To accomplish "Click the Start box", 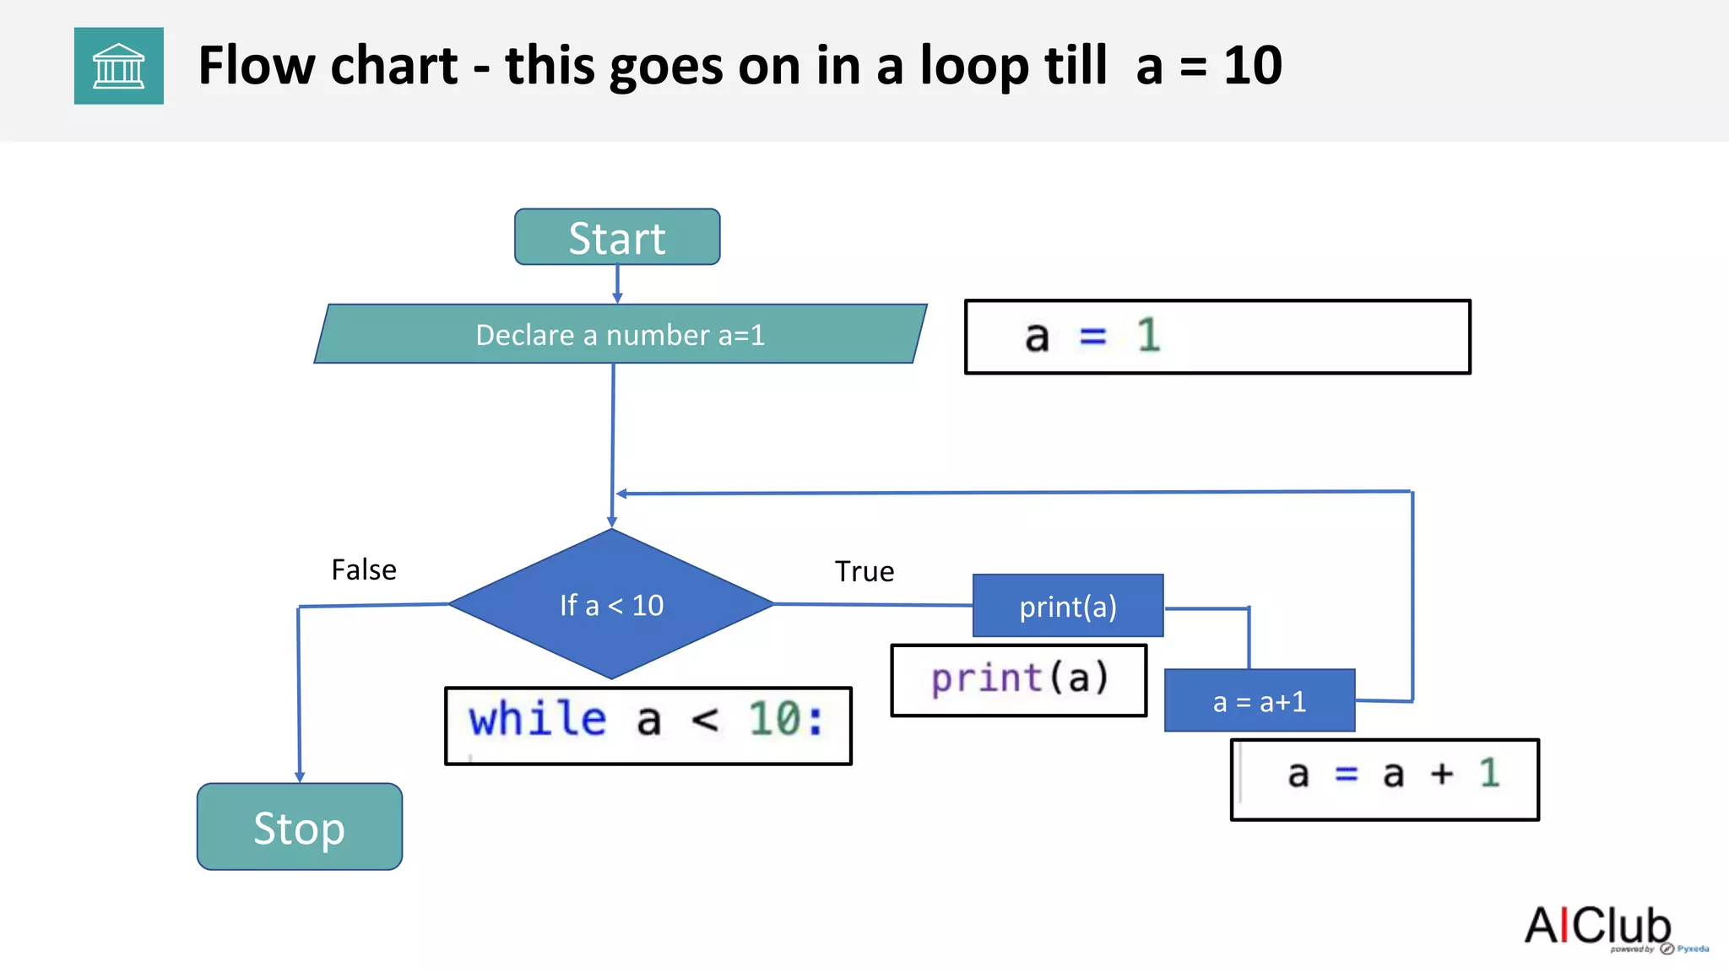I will pyautogui.click(x=617, y=237).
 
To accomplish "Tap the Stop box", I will pyautogui.click(x=300, y=827).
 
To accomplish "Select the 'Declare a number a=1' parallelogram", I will pyautogui.click(x=621, y=334).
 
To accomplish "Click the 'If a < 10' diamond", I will pyautogui.click(x=612, y=604).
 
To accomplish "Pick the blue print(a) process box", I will pyautogui.click(x=1068, y=606).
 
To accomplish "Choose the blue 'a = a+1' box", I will pyautogui.click(x=1260, y=701).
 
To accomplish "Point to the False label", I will pyautogui.click(x=364, y=570).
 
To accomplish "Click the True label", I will pyautogui.click(x=864, y=572).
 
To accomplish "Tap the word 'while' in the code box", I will pyautogui.click(x=538, y=720).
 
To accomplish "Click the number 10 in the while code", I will pyautogui.click(x=775, y=720).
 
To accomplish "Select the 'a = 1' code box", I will pyautogui.click(x=1217, y=337).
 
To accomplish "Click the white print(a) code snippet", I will pyautogui.click(x=1019, y=679).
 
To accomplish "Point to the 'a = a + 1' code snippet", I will pyautogui.click(x=1385, y=778).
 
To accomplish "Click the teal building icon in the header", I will pyautogui.click(x=119, y=66).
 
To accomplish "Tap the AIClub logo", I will pyautogui.click(x=1598, y=926).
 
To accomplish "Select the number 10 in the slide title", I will pyautogui.click(x=1253, y=66).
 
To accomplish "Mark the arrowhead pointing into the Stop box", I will pyautogui.click(x=300, y=776).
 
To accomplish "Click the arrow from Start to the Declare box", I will pyautogui.click(x=617, y=284).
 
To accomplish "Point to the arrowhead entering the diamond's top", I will pyautogui.click(x=612, y=522).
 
